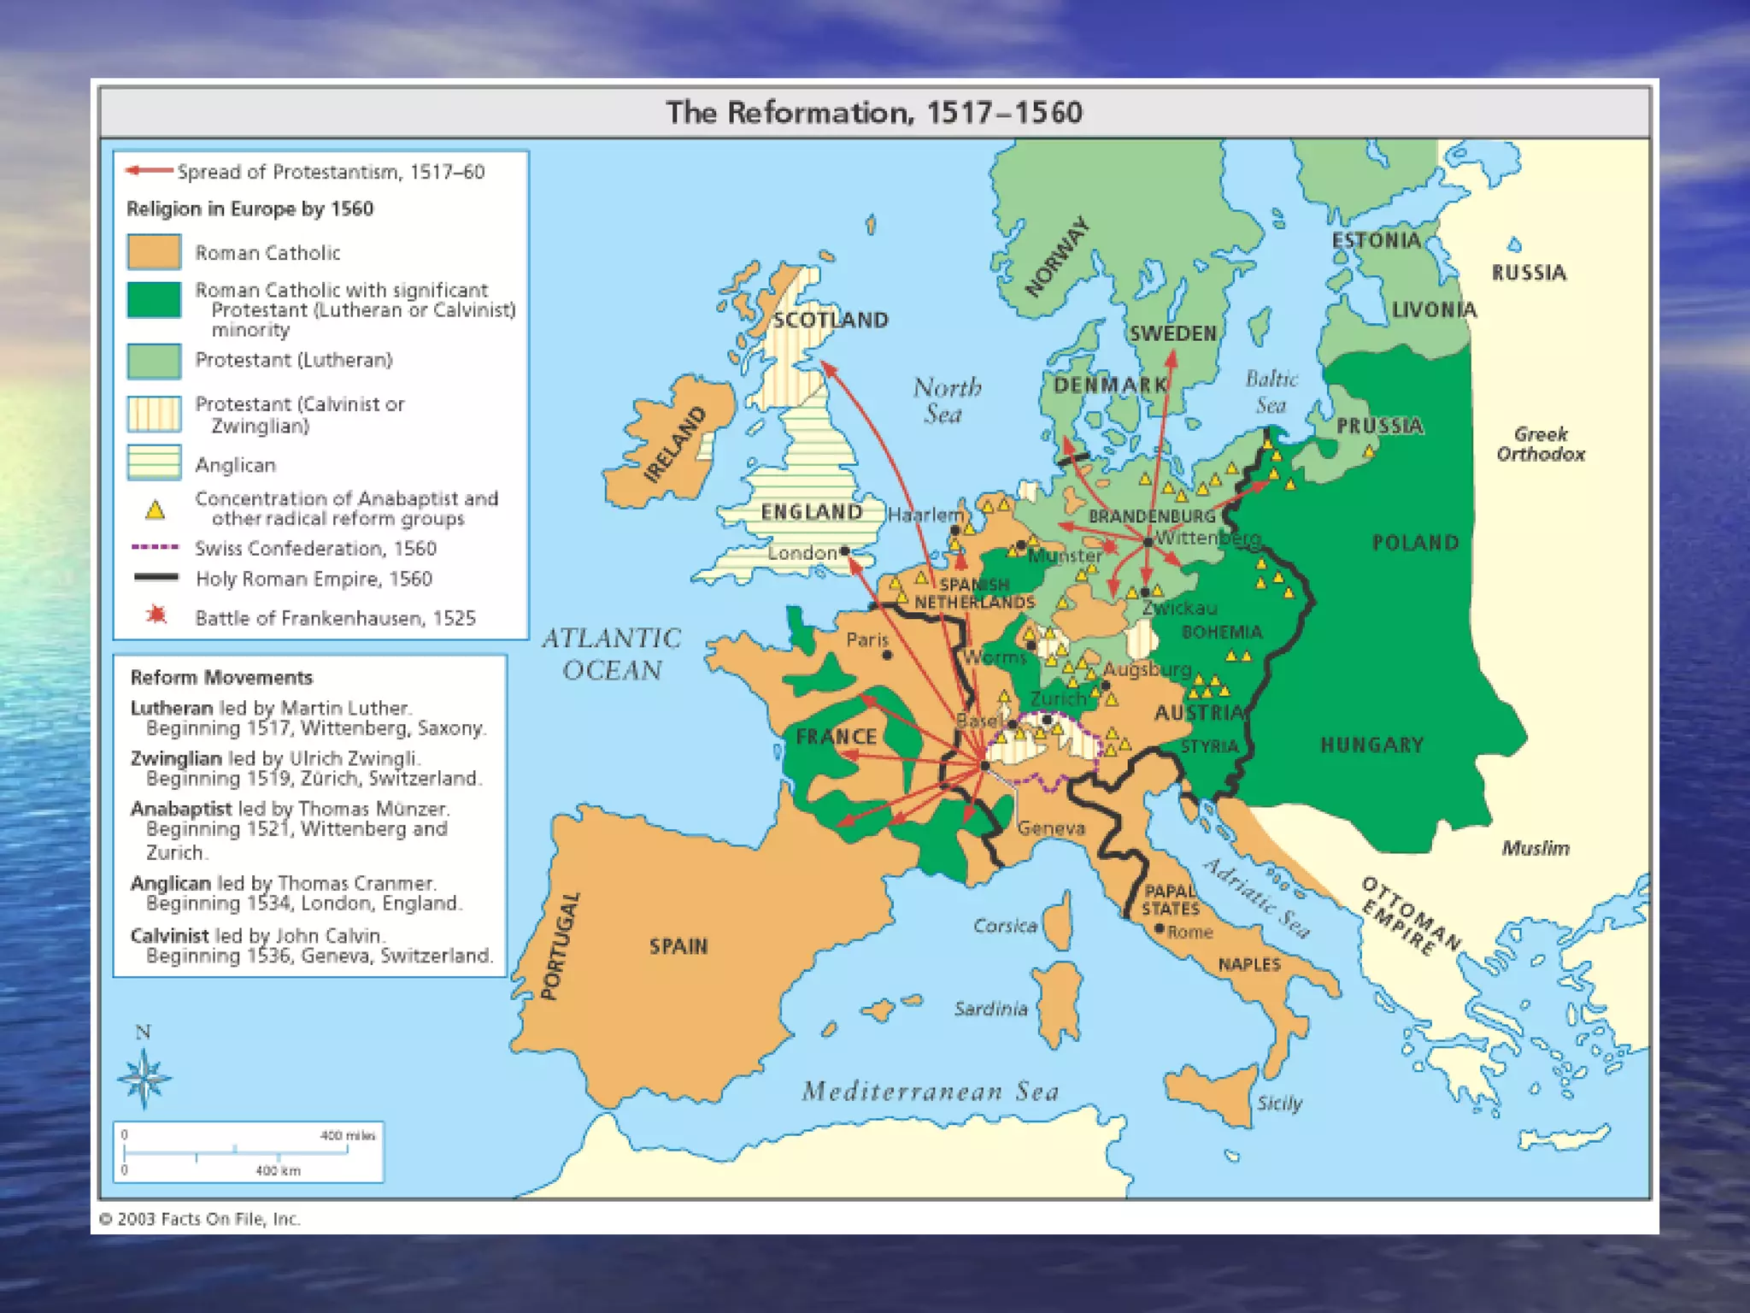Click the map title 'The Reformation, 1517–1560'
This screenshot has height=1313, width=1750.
[x=873, y=113]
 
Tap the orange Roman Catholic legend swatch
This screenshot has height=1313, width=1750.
[x=154, y=252]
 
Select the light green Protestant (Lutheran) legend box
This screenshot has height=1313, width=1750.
[x=154, y=361]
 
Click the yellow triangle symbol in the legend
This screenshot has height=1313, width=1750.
[x=155, y=510]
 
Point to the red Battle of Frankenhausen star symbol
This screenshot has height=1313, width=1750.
[x=156, y=615]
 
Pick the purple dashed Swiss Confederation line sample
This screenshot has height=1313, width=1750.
[x=155, y=547]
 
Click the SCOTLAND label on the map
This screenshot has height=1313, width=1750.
[x=831, y=321]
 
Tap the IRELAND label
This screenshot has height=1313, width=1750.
[x=675, y=445]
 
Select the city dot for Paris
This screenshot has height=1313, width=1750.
[x=887, y=655]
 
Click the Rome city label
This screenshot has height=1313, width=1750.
[x=1189, y=932]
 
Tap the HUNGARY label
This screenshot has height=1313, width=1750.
[x=1371, y=745]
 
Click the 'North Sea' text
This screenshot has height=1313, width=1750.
[x=946, y=400]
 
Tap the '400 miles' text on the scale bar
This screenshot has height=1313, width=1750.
[x=347, y=1135]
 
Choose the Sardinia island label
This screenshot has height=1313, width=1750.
[x=990, y=1009]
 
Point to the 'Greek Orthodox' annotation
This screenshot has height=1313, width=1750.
[x=1540, y=444]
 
